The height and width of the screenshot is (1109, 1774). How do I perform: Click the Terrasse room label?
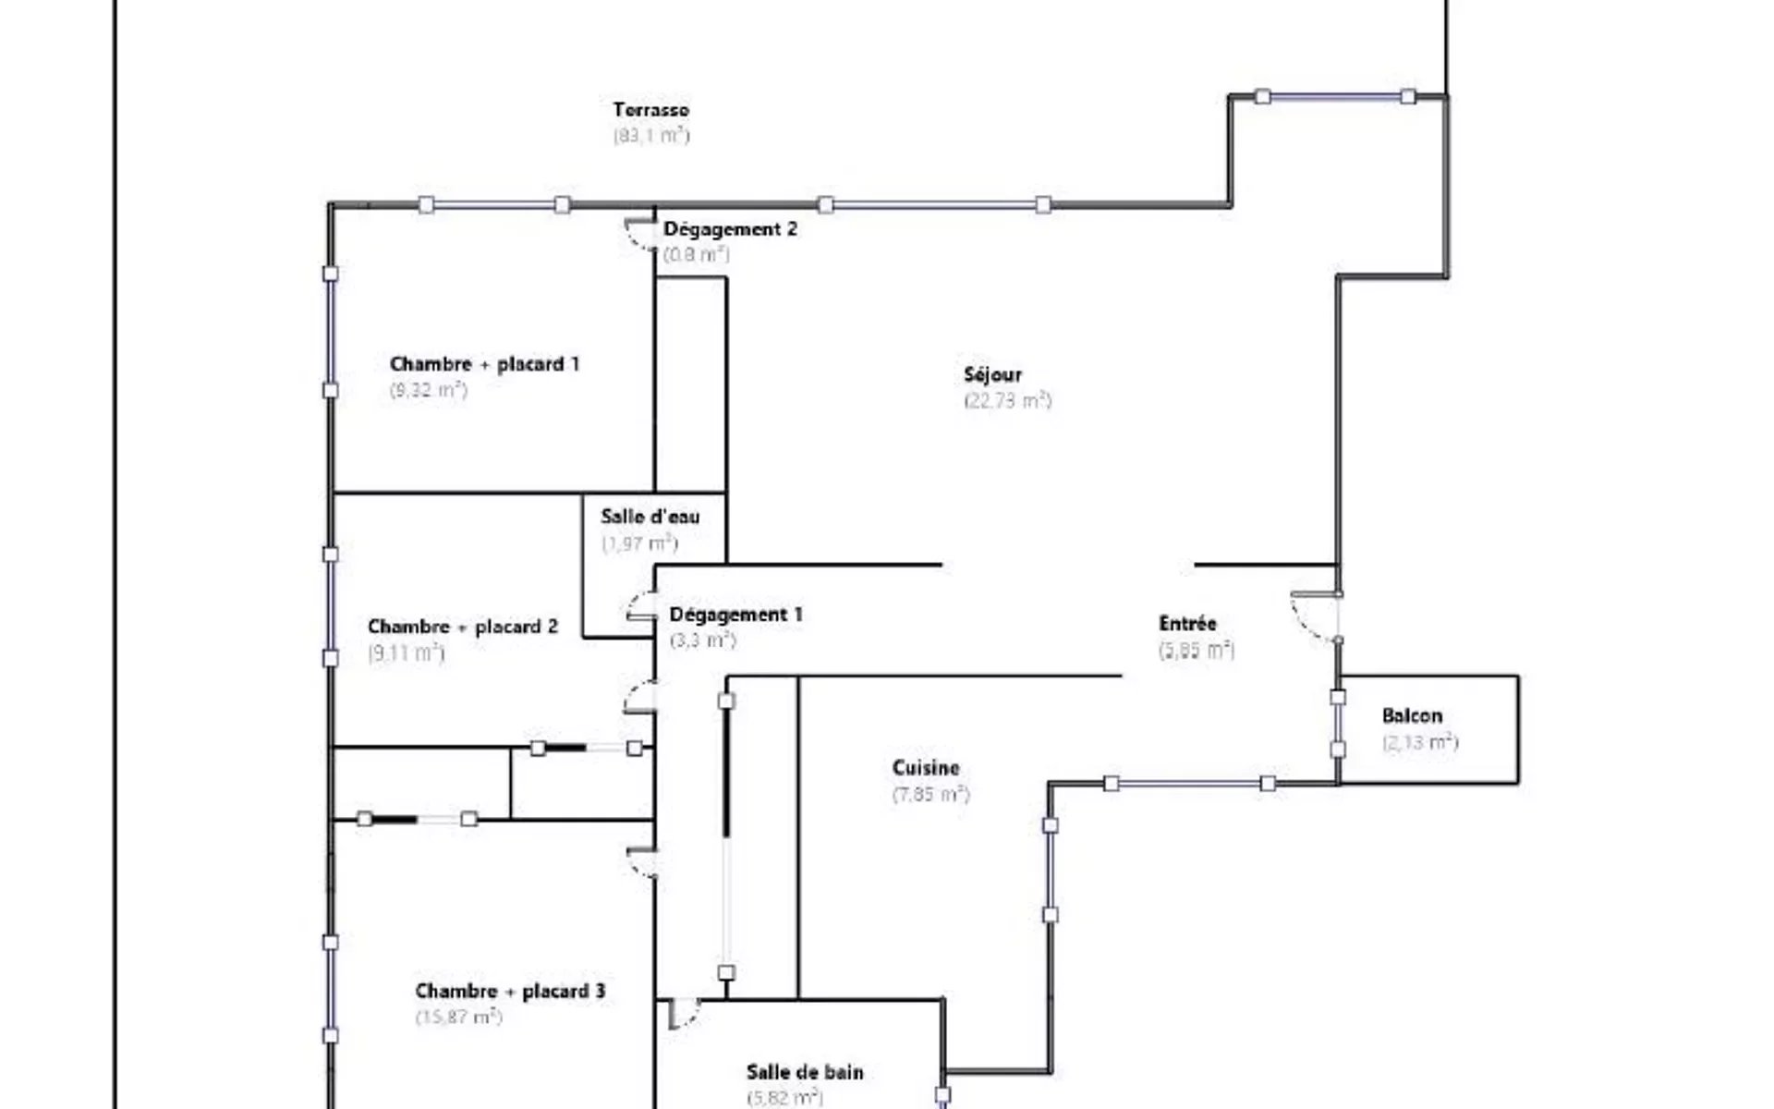coord(651,110)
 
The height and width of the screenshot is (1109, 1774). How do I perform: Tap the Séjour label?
coord(992,374)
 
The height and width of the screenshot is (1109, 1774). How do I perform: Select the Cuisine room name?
coord(926,768)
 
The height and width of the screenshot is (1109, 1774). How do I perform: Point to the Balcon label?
coord(1412,715)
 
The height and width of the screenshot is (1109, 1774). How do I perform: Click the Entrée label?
coord(1188,623)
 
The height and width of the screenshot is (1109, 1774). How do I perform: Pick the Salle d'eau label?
coord(650,517)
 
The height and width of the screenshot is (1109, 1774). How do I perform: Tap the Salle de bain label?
coord(805,1072)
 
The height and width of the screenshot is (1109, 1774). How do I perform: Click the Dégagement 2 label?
coord(730,229)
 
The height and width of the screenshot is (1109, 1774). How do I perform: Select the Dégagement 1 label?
coord(736,615)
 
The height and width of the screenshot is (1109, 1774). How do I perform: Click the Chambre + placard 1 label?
coord(485,364)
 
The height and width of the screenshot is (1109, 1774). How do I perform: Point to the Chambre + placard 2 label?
coord(463,627)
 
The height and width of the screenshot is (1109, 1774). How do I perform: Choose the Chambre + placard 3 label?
coord(511,991)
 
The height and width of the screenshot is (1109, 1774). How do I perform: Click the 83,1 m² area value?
coord(651,135)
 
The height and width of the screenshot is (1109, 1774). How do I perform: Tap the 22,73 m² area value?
coord(1008,400)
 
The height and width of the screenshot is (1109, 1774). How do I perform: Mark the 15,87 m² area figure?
coord(459,1017)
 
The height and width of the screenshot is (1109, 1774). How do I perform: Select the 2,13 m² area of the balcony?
coord(1420,742)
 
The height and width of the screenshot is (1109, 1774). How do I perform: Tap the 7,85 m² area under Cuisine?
coord(931,794)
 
